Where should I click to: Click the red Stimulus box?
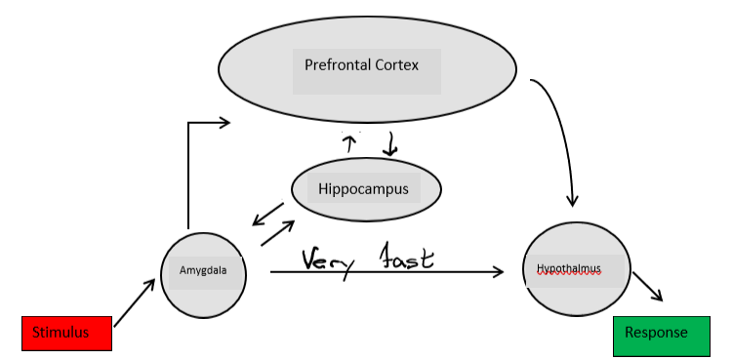click(67, 333)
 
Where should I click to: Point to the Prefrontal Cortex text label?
click(361, 66)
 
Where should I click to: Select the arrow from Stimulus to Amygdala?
click(136, 301)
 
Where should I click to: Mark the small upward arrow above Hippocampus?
click(349, 141)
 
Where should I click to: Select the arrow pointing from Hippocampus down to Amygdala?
click(266, 215)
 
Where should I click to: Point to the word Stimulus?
click(60, 333)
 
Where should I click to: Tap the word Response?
click(657, 333)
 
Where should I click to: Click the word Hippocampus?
click(363, 188)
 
